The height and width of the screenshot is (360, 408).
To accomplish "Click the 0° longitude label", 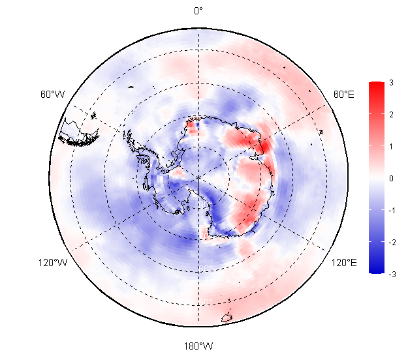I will tap(198, 10).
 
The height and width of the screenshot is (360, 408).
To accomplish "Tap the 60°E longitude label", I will tap(344, 95).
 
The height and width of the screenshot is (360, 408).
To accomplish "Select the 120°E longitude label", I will tap(344, 263).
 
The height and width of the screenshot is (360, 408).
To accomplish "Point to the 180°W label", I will tap(198, 346).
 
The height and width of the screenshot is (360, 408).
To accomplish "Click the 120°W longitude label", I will tap(52, 263).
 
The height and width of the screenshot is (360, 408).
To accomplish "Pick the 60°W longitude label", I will tap(52, 95).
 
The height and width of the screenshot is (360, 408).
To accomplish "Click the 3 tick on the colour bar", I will tap(390, 83).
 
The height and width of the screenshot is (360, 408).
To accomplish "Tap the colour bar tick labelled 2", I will tap(390, 115).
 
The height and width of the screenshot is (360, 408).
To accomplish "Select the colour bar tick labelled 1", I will tap(390, 146).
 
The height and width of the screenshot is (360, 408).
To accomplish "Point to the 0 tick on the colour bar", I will tap(390, 178).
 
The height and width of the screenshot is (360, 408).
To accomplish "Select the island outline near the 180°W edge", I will tap(227, 318).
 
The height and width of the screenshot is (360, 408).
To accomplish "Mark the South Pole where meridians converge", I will tap(198, 176).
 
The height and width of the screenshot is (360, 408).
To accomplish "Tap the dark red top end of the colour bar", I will tap(376, 85).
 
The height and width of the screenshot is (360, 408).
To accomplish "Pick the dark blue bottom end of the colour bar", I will tap(376, 269).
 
